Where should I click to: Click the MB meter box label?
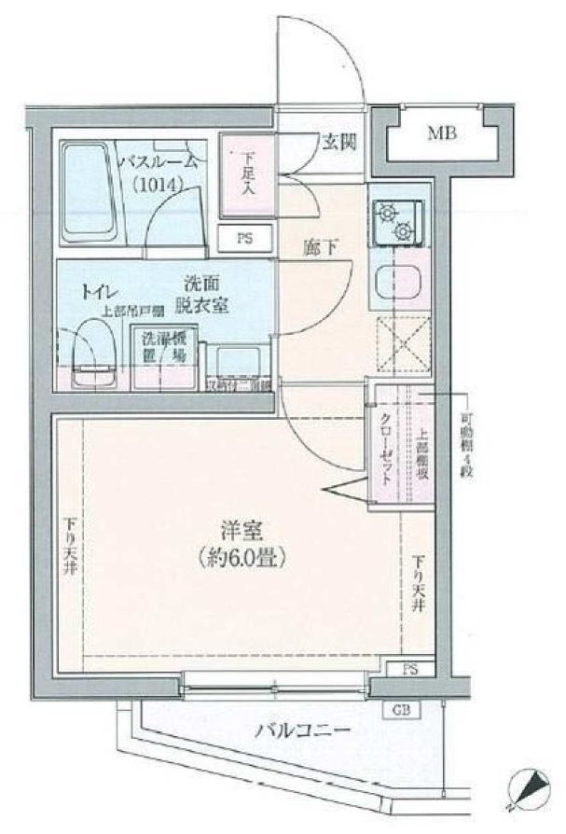442,133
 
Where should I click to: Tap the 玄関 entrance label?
338,143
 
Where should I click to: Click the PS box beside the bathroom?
244,237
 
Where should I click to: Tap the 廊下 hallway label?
318,248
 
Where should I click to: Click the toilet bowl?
89,353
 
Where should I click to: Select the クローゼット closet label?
386,446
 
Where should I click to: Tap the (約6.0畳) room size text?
241,559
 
